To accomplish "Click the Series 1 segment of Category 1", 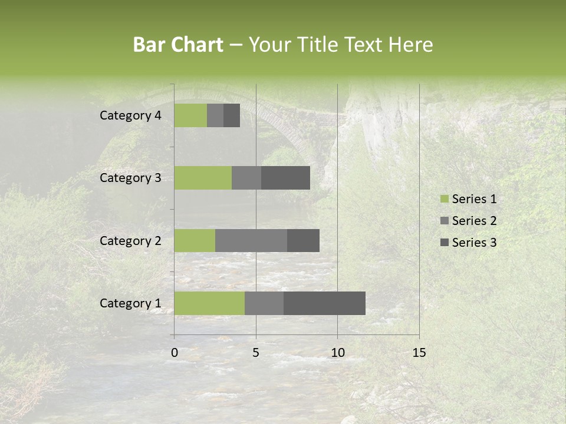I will (x=209, y=303).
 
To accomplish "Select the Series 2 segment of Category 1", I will (x=264, y=303).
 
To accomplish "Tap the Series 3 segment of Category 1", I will (x=324, y=303).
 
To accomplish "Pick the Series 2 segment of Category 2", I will (x=251, y=240).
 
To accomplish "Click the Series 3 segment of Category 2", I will (x=303, y=240).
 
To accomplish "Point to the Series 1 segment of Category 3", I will (x=203, y=178).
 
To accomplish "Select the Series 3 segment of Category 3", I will (x=285, y=178).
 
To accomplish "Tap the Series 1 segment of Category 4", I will (x=190, y=115).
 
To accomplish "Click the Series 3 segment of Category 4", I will (x=232, y=115).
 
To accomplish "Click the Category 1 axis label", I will (x=130, y=303).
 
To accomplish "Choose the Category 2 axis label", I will (x=130, y=240).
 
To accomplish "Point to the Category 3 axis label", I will (x=130, y=178).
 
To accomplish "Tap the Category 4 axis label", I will (x=130, y=115).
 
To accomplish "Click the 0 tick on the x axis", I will (x=175, y=353).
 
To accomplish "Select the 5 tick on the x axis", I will (x=256, y=353).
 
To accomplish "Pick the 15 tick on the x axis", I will (x=419, y=353).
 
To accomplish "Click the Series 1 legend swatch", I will (x=445, y=199).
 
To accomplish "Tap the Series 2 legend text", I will (x=474, y=221).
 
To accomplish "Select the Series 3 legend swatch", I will (x=445, y=243).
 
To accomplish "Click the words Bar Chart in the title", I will (x=178, y=45).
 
